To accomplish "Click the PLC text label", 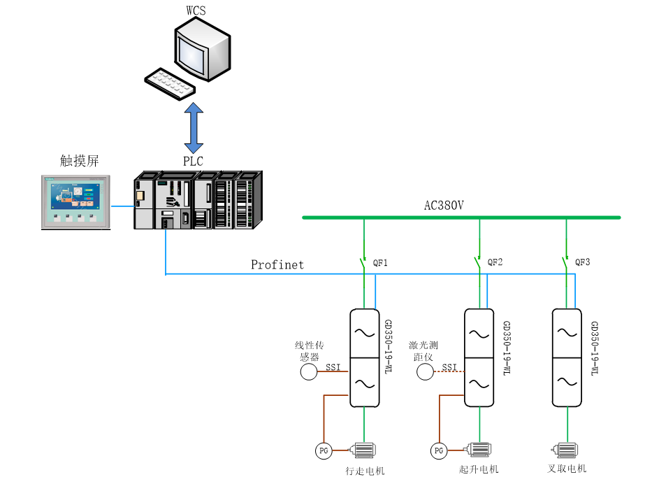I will (193, 162).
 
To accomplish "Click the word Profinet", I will (277, 265).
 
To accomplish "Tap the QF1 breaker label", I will (380, 263).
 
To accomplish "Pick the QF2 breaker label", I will (495, 263).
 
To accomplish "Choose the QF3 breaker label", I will (583, 263).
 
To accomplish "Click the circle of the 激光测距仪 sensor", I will (426, 372).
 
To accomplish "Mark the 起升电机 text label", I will (479, 469).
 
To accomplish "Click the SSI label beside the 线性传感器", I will (333, 367).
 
